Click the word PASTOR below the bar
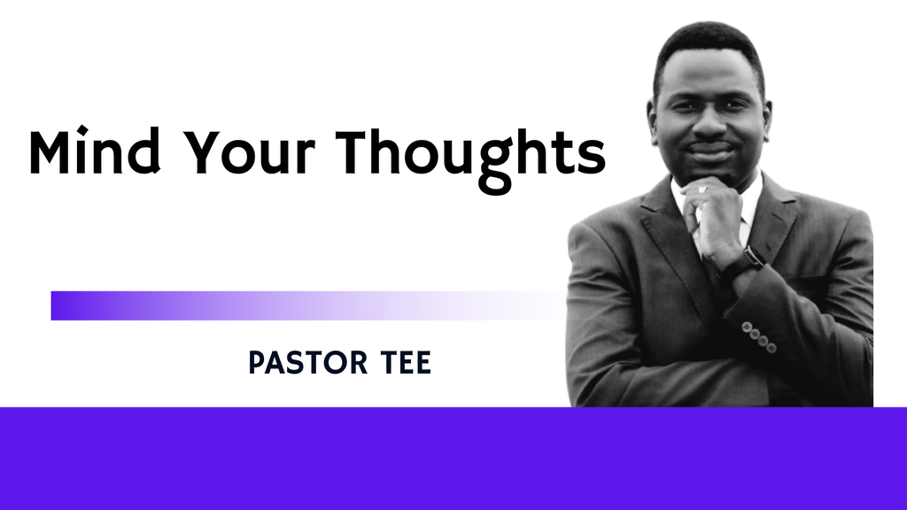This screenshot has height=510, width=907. pyautogui.click(x=301, y=363)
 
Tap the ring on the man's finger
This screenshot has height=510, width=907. pyautogui.click(x=702, y=189)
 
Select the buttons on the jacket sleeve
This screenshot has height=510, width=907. pyautogui.click(x=759, y=337)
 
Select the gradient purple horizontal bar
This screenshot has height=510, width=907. pyautogui.click(x=301, y=305)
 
